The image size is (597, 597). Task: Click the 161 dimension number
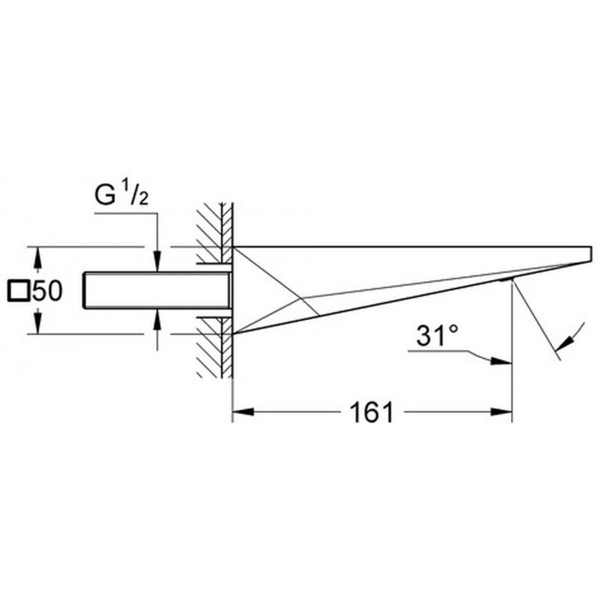click(x=371, y=412)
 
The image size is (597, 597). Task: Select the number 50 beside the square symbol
click(x=47, y=291)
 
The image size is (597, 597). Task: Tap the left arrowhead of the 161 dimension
click(x=243, y=412)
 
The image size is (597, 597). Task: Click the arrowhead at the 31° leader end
click(x=501, y=360)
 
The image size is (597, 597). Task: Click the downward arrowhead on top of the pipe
click(x=157, y=262)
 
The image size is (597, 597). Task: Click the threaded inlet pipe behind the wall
click(x=157, y=290)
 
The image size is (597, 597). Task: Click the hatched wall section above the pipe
click(x=214, y=233)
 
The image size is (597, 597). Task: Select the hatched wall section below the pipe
click(x=214, y=347)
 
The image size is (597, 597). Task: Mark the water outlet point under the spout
click(x=513, y=279)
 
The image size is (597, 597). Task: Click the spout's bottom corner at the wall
click(x=233, y=334)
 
